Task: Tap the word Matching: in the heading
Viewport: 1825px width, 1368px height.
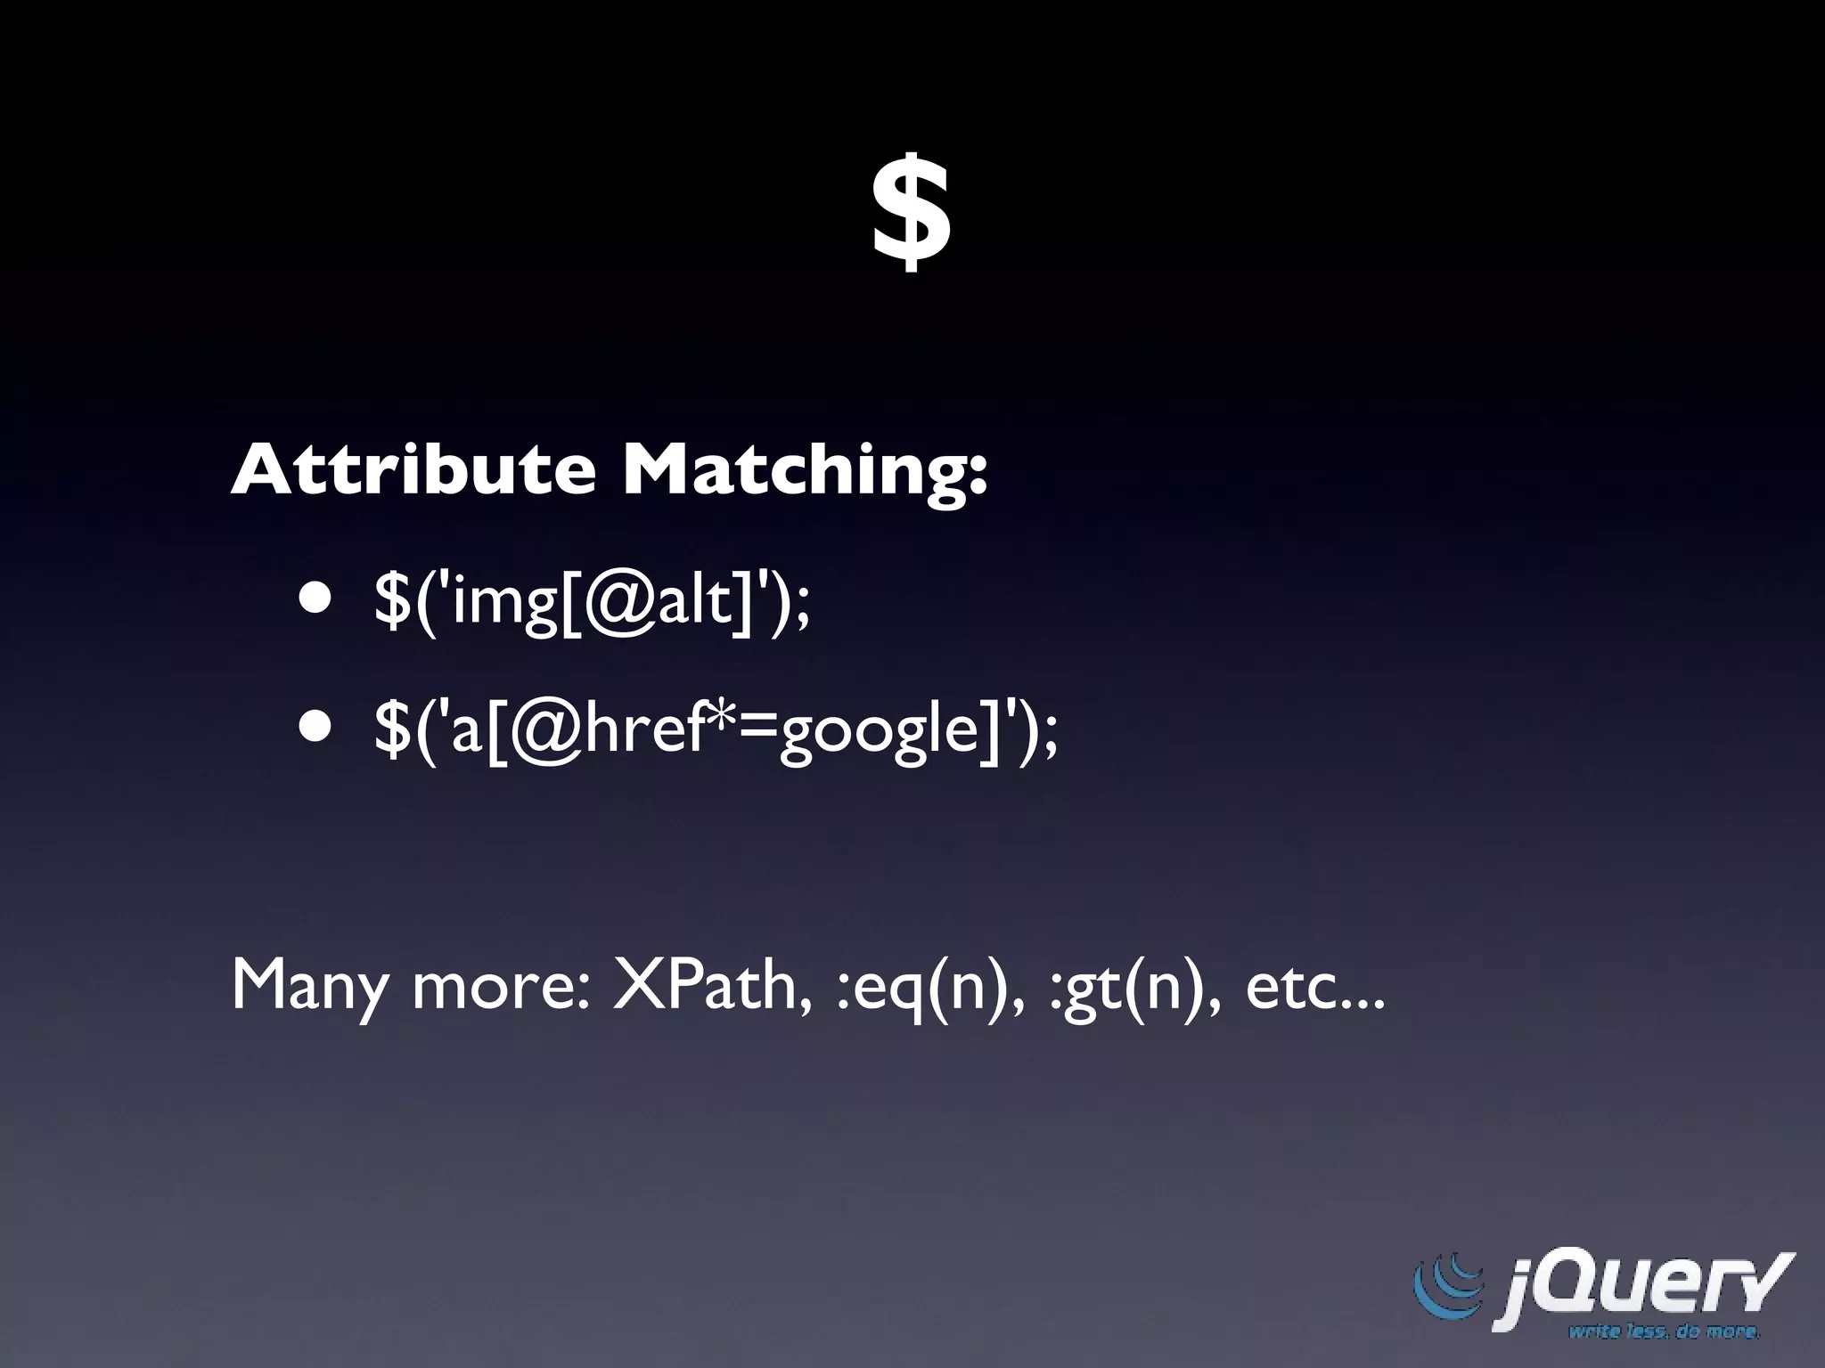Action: tap(805, 472)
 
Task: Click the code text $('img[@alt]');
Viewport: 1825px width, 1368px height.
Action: tap(593, 601)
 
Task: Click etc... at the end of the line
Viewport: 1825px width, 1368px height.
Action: tap(1315, 987)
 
